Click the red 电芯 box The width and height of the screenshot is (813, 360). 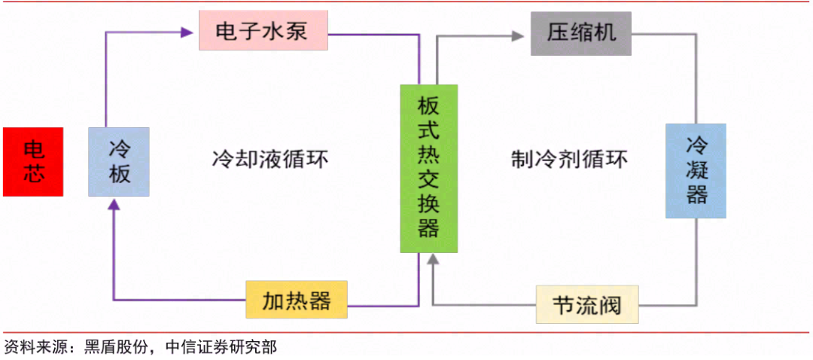point(33,162)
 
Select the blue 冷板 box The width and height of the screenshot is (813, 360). point(119,162)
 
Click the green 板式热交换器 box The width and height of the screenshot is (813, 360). point(428,168)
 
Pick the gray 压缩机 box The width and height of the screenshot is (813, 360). point(580,32)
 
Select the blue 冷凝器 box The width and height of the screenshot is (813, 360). point(696,171)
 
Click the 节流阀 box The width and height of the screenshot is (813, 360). point(586,304)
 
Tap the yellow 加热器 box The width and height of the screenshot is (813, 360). point(297,301)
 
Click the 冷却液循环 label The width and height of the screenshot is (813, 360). point(270,160)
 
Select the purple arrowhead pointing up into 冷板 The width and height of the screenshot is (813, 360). point(113,205)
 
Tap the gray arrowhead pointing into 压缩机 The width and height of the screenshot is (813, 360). point(518,34)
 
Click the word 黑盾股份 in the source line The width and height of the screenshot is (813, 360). point(117,346)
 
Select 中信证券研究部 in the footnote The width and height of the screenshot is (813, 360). point(220,346)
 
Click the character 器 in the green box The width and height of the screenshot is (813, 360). point(428,228)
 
